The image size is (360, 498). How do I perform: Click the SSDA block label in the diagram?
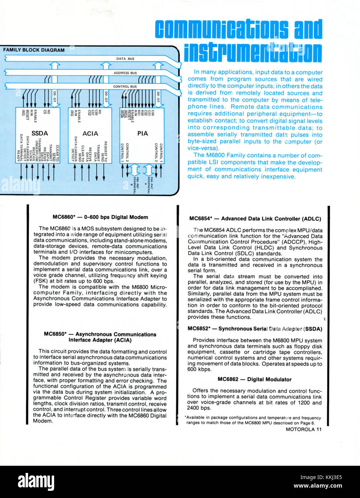(x=39, y=133)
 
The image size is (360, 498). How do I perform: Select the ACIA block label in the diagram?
(x=90, y=133)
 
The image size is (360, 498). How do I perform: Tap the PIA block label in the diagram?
(x=142, y=133)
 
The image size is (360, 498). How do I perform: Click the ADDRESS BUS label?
(x=125, y=73)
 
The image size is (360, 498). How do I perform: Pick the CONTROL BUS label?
(x=125, y=86)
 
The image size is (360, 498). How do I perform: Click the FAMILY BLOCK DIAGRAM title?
(x=34, y=50)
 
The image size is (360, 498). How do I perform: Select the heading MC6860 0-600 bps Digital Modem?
(x=100, y=217)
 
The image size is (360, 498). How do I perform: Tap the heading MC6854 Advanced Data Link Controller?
(x=255, y=219)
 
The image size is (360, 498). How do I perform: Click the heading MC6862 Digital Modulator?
(x=254, y=379)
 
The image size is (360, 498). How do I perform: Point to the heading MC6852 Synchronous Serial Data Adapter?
(x=255, y=329)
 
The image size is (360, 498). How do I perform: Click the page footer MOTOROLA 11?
(x=304, y=430)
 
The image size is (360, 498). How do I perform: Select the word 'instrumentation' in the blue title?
(x=253, y=52)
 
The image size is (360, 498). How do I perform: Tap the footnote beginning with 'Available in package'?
(x=253, y=420)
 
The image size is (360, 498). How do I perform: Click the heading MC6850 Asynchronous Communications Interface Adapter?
(x=100, y=337)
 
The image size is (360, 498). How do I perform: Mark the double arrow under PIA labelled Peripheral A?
(x=148, y=169)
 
